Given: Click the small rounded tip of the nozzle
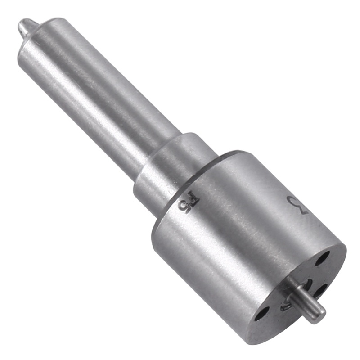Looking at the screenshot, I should [x=21, y=28].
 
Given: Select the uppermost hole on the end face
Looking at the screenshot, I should [x=322, y=258].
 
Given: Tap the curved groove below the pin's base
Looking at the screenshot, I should [x=284, y=308].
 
